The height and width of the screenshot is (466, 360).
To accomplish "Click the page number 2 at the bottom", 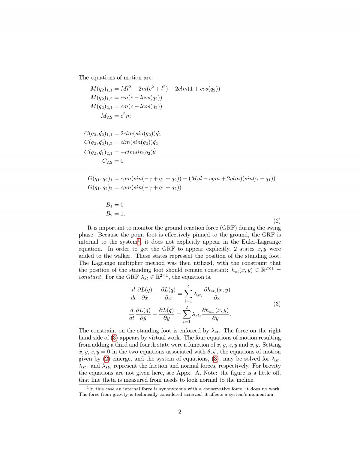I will point(180,411).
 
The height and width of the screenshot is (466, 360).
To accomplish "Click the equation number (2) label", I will point(277,221).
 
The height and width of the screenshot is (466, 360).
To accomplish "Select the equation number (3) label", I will point(277,304).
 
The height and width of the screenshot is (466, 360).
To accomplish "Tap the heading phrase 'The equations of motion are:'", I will point(116,77).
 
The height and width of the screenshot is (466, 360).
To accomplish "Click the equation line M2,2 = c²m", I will point(116,116).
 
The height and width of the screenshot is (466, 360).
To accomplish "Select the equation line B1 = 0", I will point(115,205).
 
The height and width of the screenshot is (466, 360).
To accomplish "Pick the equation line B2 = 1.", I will point(115,214).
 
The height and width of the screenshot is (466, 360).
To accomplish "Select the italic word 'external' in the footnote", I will point(193,394).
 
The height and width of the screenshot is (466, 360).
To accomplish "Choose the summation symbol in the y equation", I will point(187,314).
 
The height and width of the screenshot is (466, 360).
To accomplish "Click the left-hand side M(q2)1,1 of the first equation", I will point(101,89).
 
